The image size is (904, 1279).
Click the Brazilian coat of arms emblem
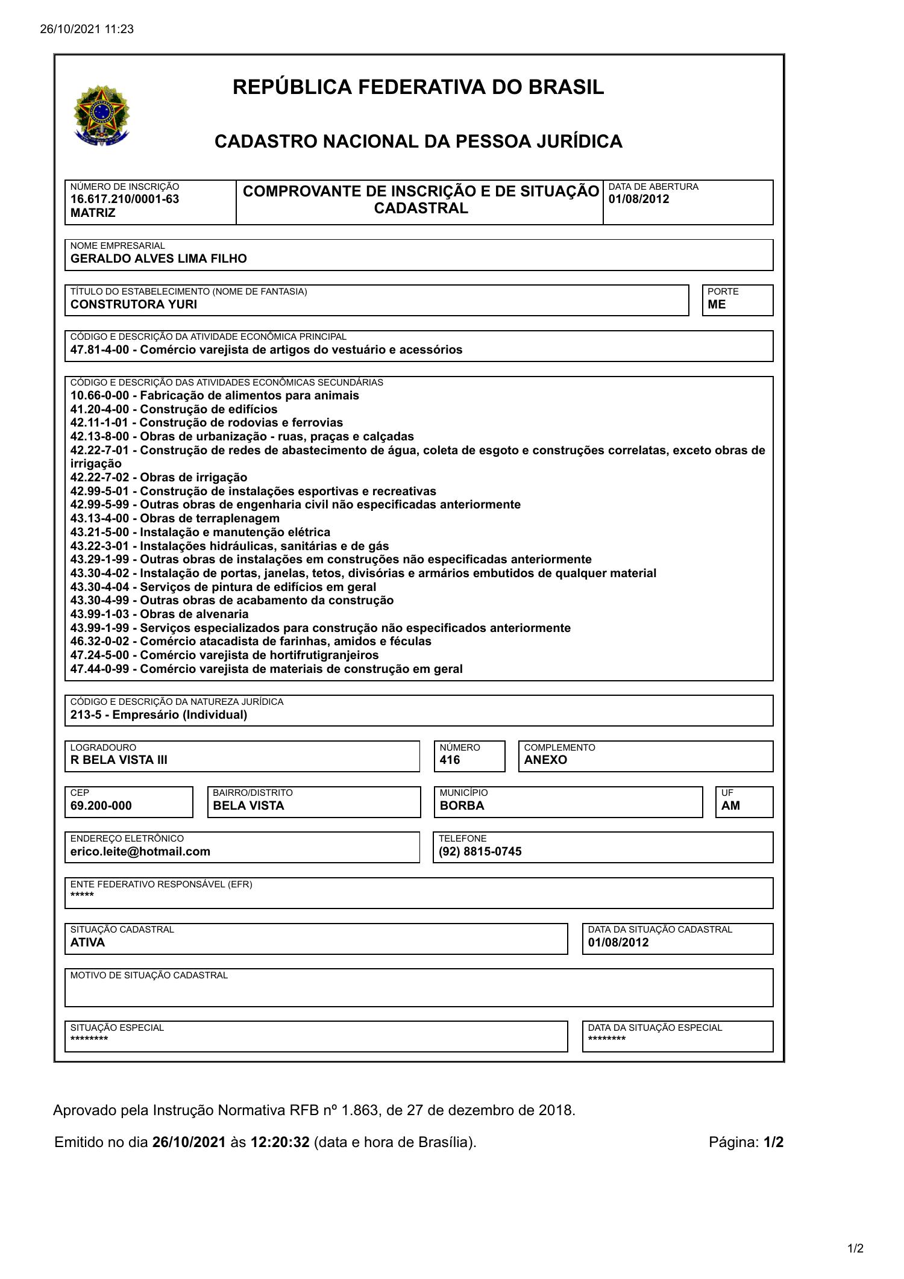pyautogui.click(x=101, y=114)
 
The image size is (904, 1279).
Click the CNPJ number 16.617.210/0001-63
pyautogui.click(x=125, y=199)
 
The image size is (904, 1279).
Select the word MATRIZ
pyautogui.click(x=93, y=213)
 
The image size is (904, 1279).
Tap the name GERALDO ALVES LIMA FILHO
pyautogui.click(x=159, y=258)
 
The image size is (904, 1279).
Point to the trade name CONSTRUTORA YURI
pyautogui.click(x=134, y=304)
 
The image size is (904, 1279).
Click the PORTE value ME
pyautogui.click(x=717, y=304)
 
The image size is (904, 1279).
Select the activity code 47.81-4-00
pyautogui.click(x=99, y=349)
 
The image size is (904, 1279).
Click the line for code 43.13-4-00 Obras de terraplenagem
pyautogui.click(x=175, y=518)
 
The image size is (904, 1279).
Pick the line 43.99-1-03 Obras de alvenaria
pyautogui.click(x=159, y=614)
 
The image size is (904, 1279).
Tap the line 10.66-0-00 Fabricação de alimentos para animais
pyautogui.click(x=215, y=395)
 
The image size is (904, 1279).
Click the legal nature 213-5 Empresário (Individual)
pyautogui.click(x=159, y=715)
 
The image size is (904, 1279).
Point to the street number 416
pyautogui.click(x=450, y=760)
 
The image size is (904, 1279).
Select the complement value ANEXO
pyautogui.click(x=545, y=760)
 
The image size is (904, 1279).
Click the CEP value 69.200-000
pyautogui.click(x=101, y=805)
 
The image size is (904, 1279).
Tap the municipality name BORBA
pyautogui.click(x=462, y=805)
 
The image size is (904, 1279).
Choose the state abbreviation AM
pyautogui.click(x=730, y=805)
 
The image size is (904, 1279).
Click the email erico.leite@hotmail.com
pyautogui.click(x=140, y=851)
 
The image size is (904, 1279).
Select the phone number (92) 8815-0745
pyautogui.click(x=480, y=851)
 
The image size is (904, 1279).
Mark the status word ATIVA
pyautogui.click(x=87, y=942)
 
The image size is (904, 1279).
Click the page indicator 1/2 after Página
pyautogui.click(x=773, y=1142)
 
